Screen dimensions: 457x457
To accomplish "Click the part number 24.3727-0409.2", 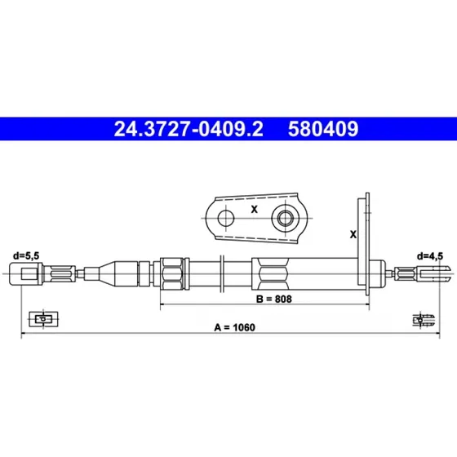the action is point(189,129).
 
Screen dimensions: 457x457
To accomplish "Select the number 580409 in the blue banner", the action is point(323,129).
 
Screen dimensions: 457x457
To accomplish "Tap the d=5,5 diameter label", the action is point(26,256).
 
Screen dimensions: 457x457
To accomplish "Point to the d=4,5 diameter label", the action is point(430,256).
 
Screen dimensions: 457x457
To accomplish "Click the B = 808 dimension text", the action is point(273,299).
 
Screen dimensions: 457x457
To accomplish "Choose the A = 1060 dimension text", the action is point(235,327).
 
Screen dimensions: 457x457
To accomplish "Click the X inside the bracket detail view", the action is point(255,209).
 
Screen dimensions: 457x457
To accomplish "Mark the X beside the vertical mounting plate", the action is point(353,234).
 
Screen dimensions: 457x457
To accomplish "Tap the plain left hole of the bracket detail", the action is point(226,218).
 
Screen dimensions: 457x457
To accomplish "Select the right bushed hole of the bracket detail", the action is point(285,218).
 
